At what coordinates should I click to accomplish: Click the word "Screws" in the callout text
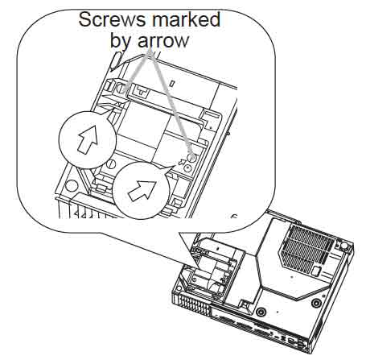click(113, 19)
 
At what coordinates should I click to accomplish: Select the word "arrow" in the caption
click(163, 40)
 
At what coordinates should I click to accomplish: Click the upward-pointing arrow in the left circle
click(88, 139)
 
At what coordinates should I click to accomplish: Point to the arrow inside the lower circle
click(142, 190)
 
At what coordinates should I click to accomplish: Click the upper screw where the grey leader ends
click(121, 88)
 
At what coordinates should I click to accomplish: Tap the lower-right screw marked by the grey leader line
click(191, 158)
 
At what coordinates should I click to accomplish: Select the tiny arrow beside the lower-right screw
click(182, 162)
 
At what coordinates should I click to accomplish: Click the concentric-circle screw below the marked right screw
click(187, 168)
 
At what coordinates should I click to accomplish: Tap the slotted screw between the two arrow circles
click(110, 163)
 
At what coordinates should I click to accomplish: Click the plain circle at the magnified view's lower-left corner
click(72, 186)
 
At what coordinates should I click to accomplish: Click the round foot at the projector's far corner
click(344, 246)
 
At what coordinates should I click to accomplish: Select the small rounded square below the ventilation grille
click(316, 271)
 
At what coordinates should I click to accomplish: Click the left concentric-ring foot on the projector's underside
click(260, 312)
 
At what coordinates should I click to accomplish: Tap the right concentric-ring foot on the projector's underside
click(316, 303)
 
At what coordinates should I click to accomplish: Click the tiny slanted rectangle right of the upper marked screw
click(173, 84)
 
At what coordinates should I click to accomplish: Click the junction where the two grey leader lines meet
click(150, 52)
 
